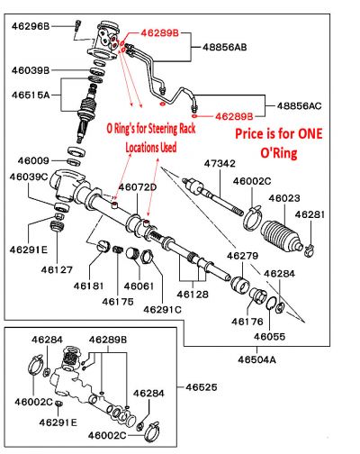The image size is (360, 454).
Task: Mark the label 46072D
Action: coord(138,186)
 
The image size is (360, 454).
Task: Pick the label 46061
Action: coord(139,286)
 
